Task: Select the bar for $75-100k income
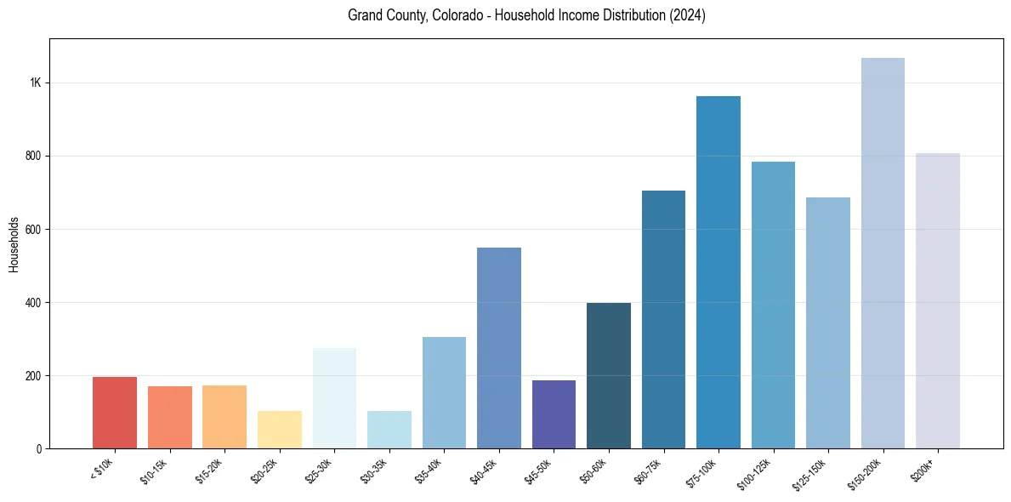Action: coord(718,272)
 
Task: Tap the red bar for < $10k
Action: coord(115,413)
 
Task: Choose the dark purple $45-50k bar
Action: coord(554,414)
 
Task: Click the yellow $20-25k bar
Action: coord(280,430)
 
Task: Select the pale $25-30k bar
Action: coord(334,398)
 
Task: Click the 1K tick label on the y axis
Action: coord(35,83)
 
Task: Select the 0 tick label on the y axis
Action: coord(38,449)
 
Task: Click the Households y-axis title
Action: coord(14,243)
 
